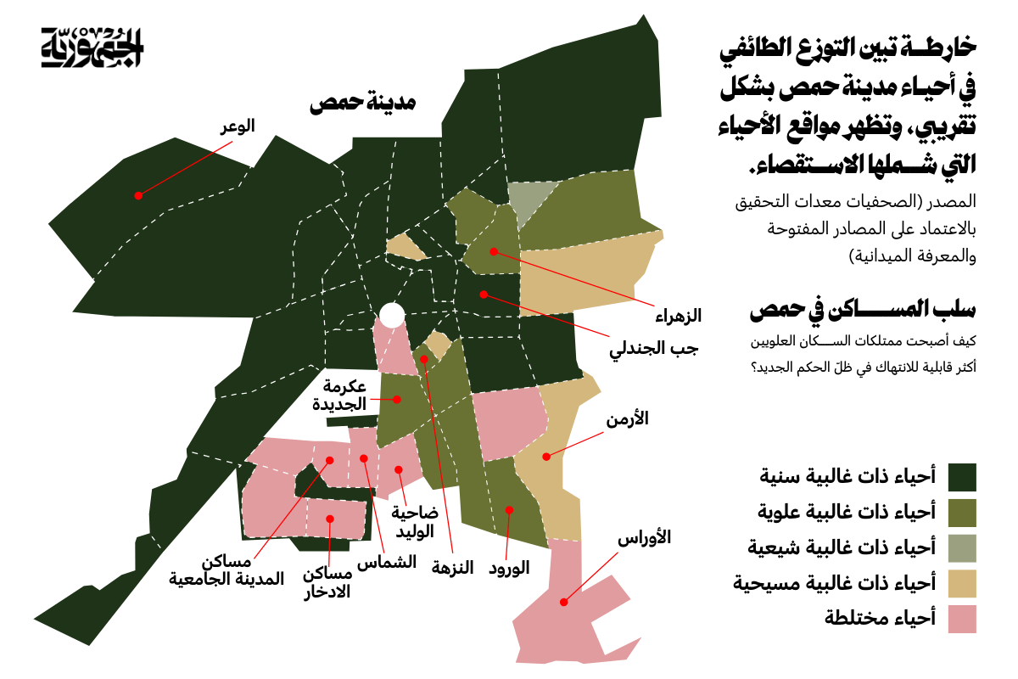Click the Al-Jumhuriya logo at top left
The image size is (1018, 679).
point(93,48)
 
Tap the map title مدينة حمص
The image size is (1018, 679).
point(362,104)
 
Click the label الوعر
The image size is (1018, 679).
point(238,126)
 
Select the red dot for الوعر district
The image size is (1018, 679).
point(137,195)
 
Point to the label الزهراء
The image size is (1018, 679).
point(679,317)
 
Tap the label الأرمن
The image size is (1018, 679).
point(628,419)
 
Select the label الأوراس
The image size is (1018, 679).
point(644,537)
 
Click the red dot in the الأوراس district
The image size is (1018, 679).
point(562,601)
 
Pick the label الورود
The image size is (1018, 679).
point(509,568)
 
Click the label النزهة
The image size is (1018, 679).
point(452,568)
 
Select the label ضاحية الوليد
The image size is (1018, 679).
point(415,521)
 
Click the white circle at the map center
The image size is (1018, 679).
point(391,316)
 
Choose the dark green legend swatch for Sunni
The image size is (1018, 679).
point(962,477)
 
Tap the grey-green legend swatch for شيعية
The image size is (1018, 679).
point(962,547)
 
